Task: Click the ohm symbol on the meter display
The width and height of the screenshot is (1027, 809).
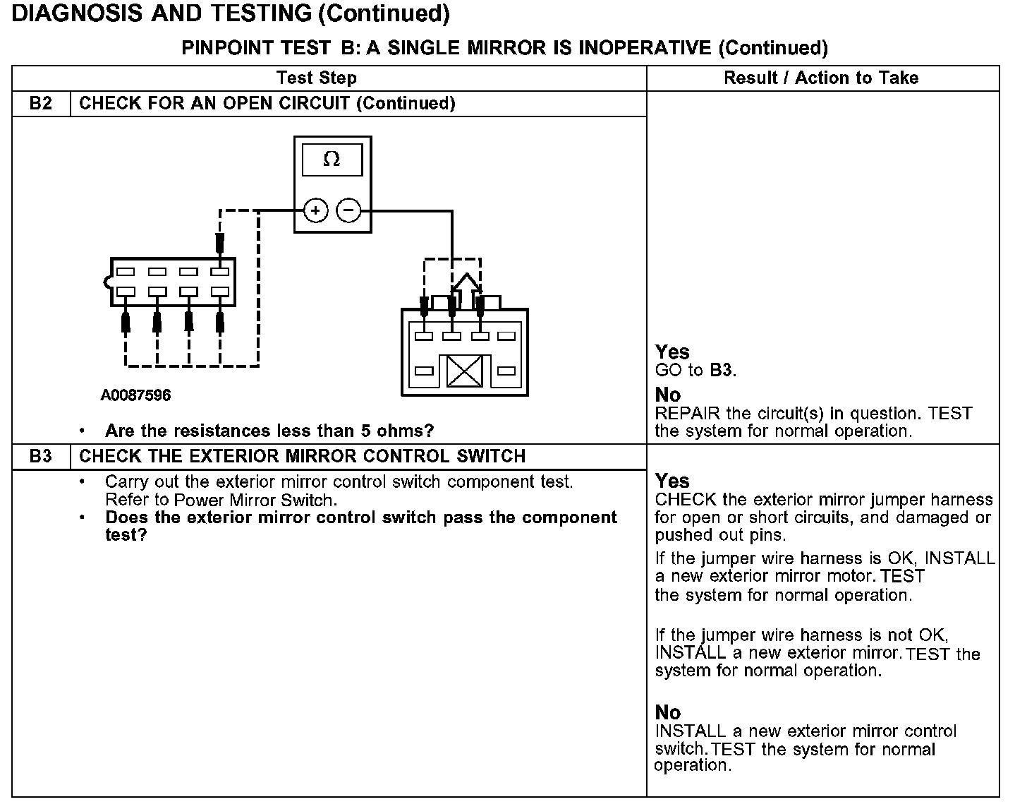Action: pyautogui.click(x=332, y=160)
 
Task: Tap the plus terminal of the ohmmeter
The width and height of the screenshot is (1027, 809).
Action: pyautogui.click(x=315, y=210)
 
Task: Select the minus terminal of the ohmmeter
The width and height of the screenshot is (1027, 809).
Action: pyautogui.click(x=348, y=210)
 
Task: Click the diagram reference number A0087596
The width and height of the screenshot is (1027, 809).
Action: pyautogui.click(x=135, y=395)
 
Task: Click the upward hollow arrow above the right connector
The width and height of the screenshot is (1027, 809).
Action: pyautogui.click(x=466, y=284)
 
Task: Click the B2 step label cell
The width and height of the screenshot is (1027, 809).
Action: pyautogui.click(x=41, y=104)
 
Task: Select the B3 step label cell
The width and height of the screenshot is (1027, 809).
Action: pyautogui.click(x=41, y=456)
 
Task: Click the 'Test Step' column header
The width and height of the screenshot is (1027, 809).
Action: pyautogui.click(x=317, y=78)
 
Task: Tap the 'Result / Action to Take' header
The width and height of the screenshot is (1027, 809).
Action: pyautogui.click(x=821, y=78)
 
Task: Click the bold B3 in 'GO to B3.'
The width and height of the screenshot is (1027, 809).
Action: pyautogui.click(x=722, y=370)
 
